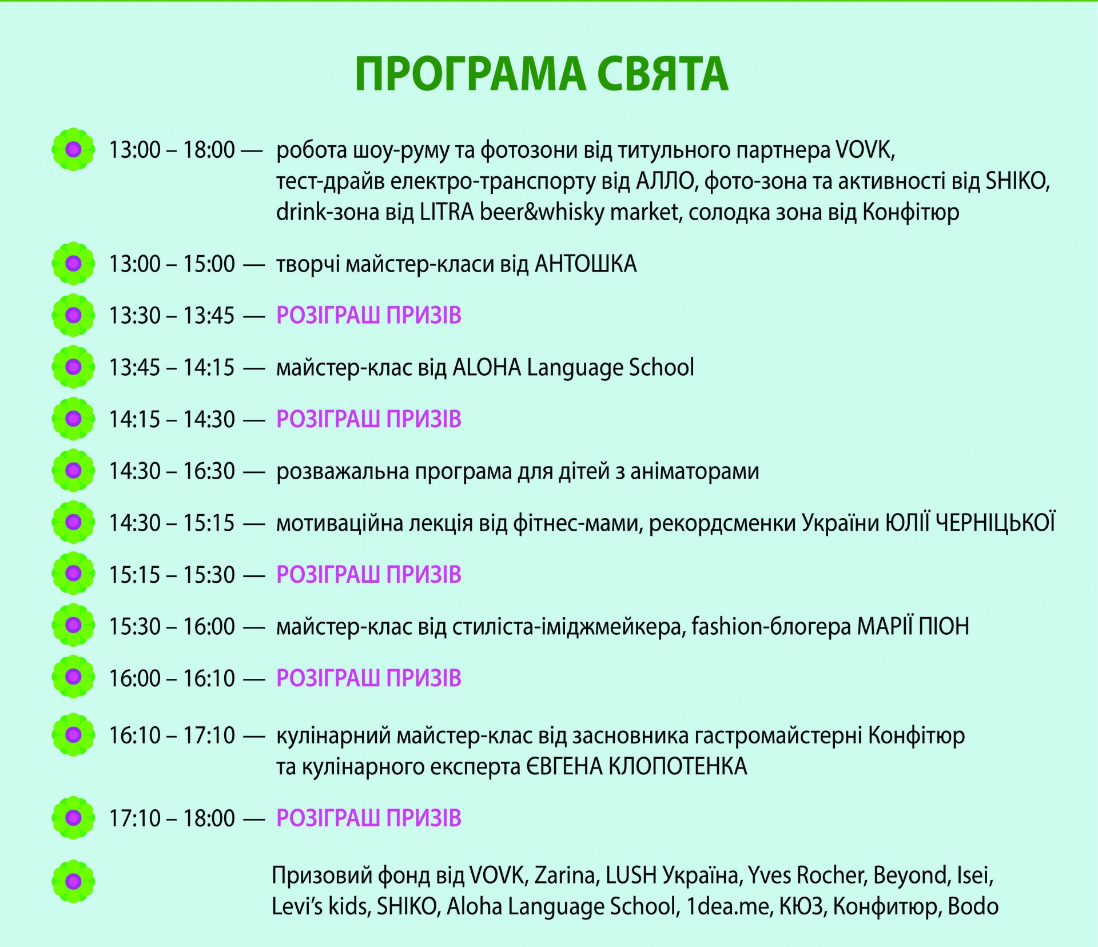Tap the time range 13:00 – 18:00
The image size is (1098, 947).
pos(172,150)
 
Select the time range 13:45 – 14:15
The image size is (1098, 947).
pos(172,367)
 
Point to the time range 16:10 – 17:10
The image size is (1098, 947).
pos(172,735)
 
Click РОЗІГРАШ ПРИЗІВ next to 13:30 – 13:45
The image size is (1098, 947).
pos(369,316)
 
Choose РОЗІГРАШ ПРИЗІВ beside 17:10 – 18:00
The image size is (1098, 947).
pos(369,818)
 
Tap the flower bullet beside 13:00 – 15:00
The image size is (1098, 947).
pos(73,264)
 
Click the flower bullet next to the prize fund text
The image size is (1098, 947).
pos(73,882)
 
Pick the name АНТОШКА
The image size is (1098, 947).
pos(586,264)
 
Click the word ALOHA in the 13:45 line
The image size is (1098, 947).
pos(487,367)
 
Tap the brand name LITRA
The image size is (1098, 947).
pos(447,212)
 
